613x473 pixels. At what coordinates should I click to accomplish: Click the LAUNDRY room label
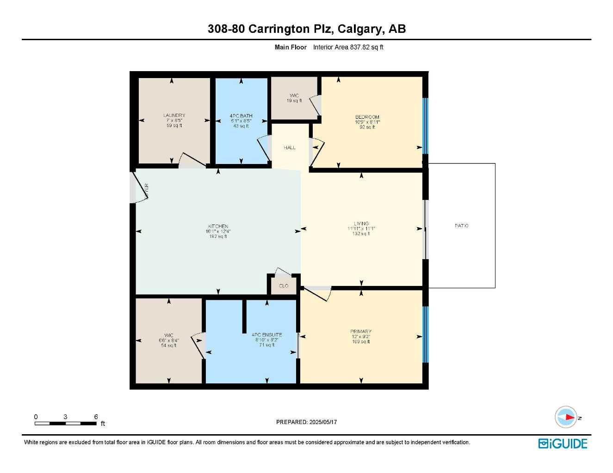click(x=174, y=115)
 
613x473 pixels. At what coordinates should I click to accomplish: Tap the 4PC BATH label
click(x=241, y=116)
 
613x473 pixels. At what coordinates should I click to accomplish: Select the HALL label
click(x=290, y=148)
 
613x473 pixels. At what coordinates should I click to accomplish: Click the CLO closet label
click(x=284, y=286)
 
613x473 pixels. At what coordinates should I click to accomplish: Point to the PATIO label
click(x=461, y=226)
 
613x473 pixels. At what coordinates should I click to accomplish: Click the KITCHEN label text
click(x=218, y=226)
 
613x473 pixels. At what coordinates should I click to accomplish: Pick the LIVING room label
click(x=361, y=224)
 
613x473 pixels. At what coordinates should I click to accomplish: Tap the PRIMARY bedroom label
click(x=361, y=332)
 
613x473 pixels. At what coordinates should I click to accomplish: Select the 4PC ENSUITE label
click(x=266, y=335)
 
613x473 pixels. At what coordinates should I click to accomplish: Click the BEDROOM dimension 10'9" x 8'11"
click(x=367, y=122)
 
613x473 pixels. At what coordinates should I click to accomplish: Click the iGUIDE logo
click(x=563, y=444)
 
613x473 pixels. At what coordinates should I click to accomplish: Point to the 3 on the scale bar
click(x=65, y=417)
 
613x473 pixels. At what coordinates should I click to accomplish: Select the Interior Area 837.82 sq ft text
click(x=348, y=47)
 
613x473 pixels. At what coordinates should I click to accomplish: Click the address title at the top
click(x=306, y=29)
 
